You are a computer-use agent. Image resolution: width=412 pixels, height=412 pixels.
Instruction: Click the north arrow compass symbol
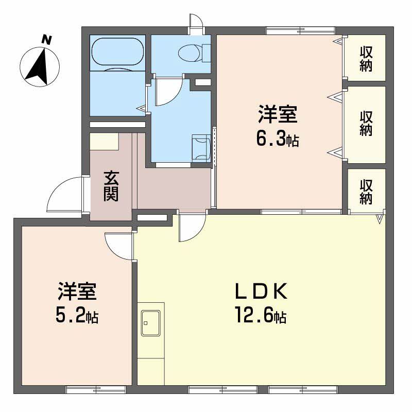[x=40, y=66]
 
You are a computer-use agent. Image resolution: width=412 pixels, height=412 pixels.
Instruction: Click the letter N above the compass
[x=47, y=39]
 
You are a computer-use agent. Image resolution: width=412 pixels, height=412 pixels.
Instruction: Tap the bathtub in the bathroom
[x=117, y=52]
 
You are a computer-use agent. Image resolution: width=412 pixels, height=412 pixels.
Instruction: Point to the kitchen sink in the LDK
[x=151, y=323]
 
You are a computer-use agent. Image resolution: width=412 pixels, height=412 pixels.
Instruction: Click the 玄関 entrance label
[x=111, y=186]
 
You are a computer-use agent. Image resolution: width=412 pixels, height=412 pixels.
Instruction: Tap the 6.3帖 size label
[x=278, y=139]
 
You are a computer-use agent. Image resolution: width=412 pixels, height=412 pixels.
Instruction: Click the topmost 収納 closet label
[x=366, y=59]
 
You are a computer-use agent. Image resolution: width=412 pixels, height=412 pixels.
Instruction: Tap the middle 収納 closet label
[x=366, y=124]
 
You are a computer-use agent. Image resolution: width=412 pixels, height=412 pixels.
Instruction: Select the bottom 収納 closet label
[x=366, y=191]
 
